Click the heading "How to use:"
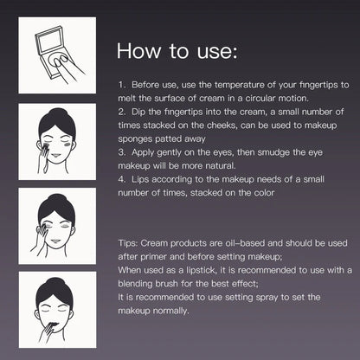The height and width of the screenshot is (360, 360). [x=177, y=51]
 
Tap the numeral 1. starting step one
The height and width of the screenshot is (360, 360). [x=122, y=85]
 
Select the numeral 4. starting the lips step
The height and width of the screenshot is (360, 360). [x=122, y=179]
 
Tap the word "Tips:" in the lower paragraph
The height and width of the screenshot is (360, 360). [x=128, y=243]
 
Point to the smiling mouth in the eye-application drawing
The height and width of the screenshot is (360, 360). [x=55, y=241]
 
